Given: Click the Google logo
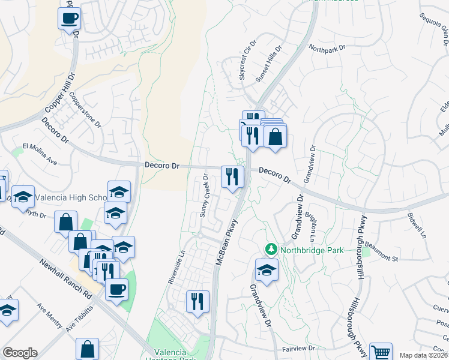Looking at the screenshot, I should tap(20, 353).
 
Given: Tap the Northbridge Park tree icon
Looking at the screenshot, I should tap(271, 249).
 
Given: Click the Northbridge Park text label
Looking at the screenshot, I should tap(312, 250).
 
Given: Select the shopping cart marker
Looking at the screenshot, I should tap(381, 352).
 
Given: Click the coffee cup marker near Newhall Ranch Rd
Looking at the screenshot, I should tap(116, 289).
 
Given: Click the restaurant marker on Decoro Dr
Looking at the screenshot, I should tap(232, 176).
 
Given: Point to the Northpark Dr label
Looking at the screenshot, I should tap(327, 47).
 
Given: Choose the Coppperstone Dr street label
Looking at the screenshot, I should tap(85, 110).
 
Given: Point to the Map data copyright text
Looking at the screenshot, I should tap(424, 355).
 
